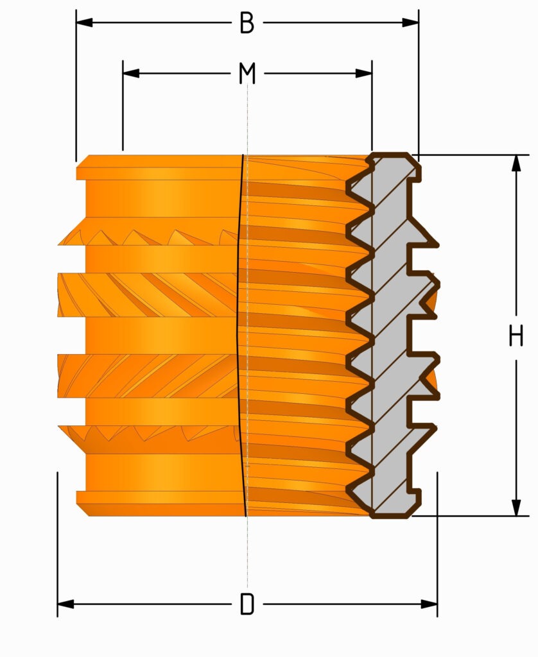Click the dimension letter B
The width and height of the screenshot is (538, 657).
(247, 22)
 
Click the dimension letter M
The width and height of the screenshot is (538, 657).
(247, 73)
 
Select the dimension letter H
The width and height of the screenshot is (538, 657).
(516, 336)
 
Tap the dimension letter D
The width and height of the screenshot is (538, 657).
(247, 604)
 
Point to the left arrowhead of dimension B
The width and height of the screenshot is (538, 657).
(84, 22)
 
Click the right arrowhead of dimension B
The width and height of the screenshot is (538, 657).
(410, 22)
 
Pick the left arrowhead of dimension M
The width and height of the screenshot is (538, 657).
(131, 73)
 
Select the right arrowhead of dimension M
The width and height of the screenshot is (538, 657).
(363, 73)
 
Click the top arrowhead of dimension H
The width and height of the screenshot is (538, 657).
(517, 163)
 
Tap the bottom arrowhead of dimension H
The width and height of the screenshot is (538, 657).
(517, 508)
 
